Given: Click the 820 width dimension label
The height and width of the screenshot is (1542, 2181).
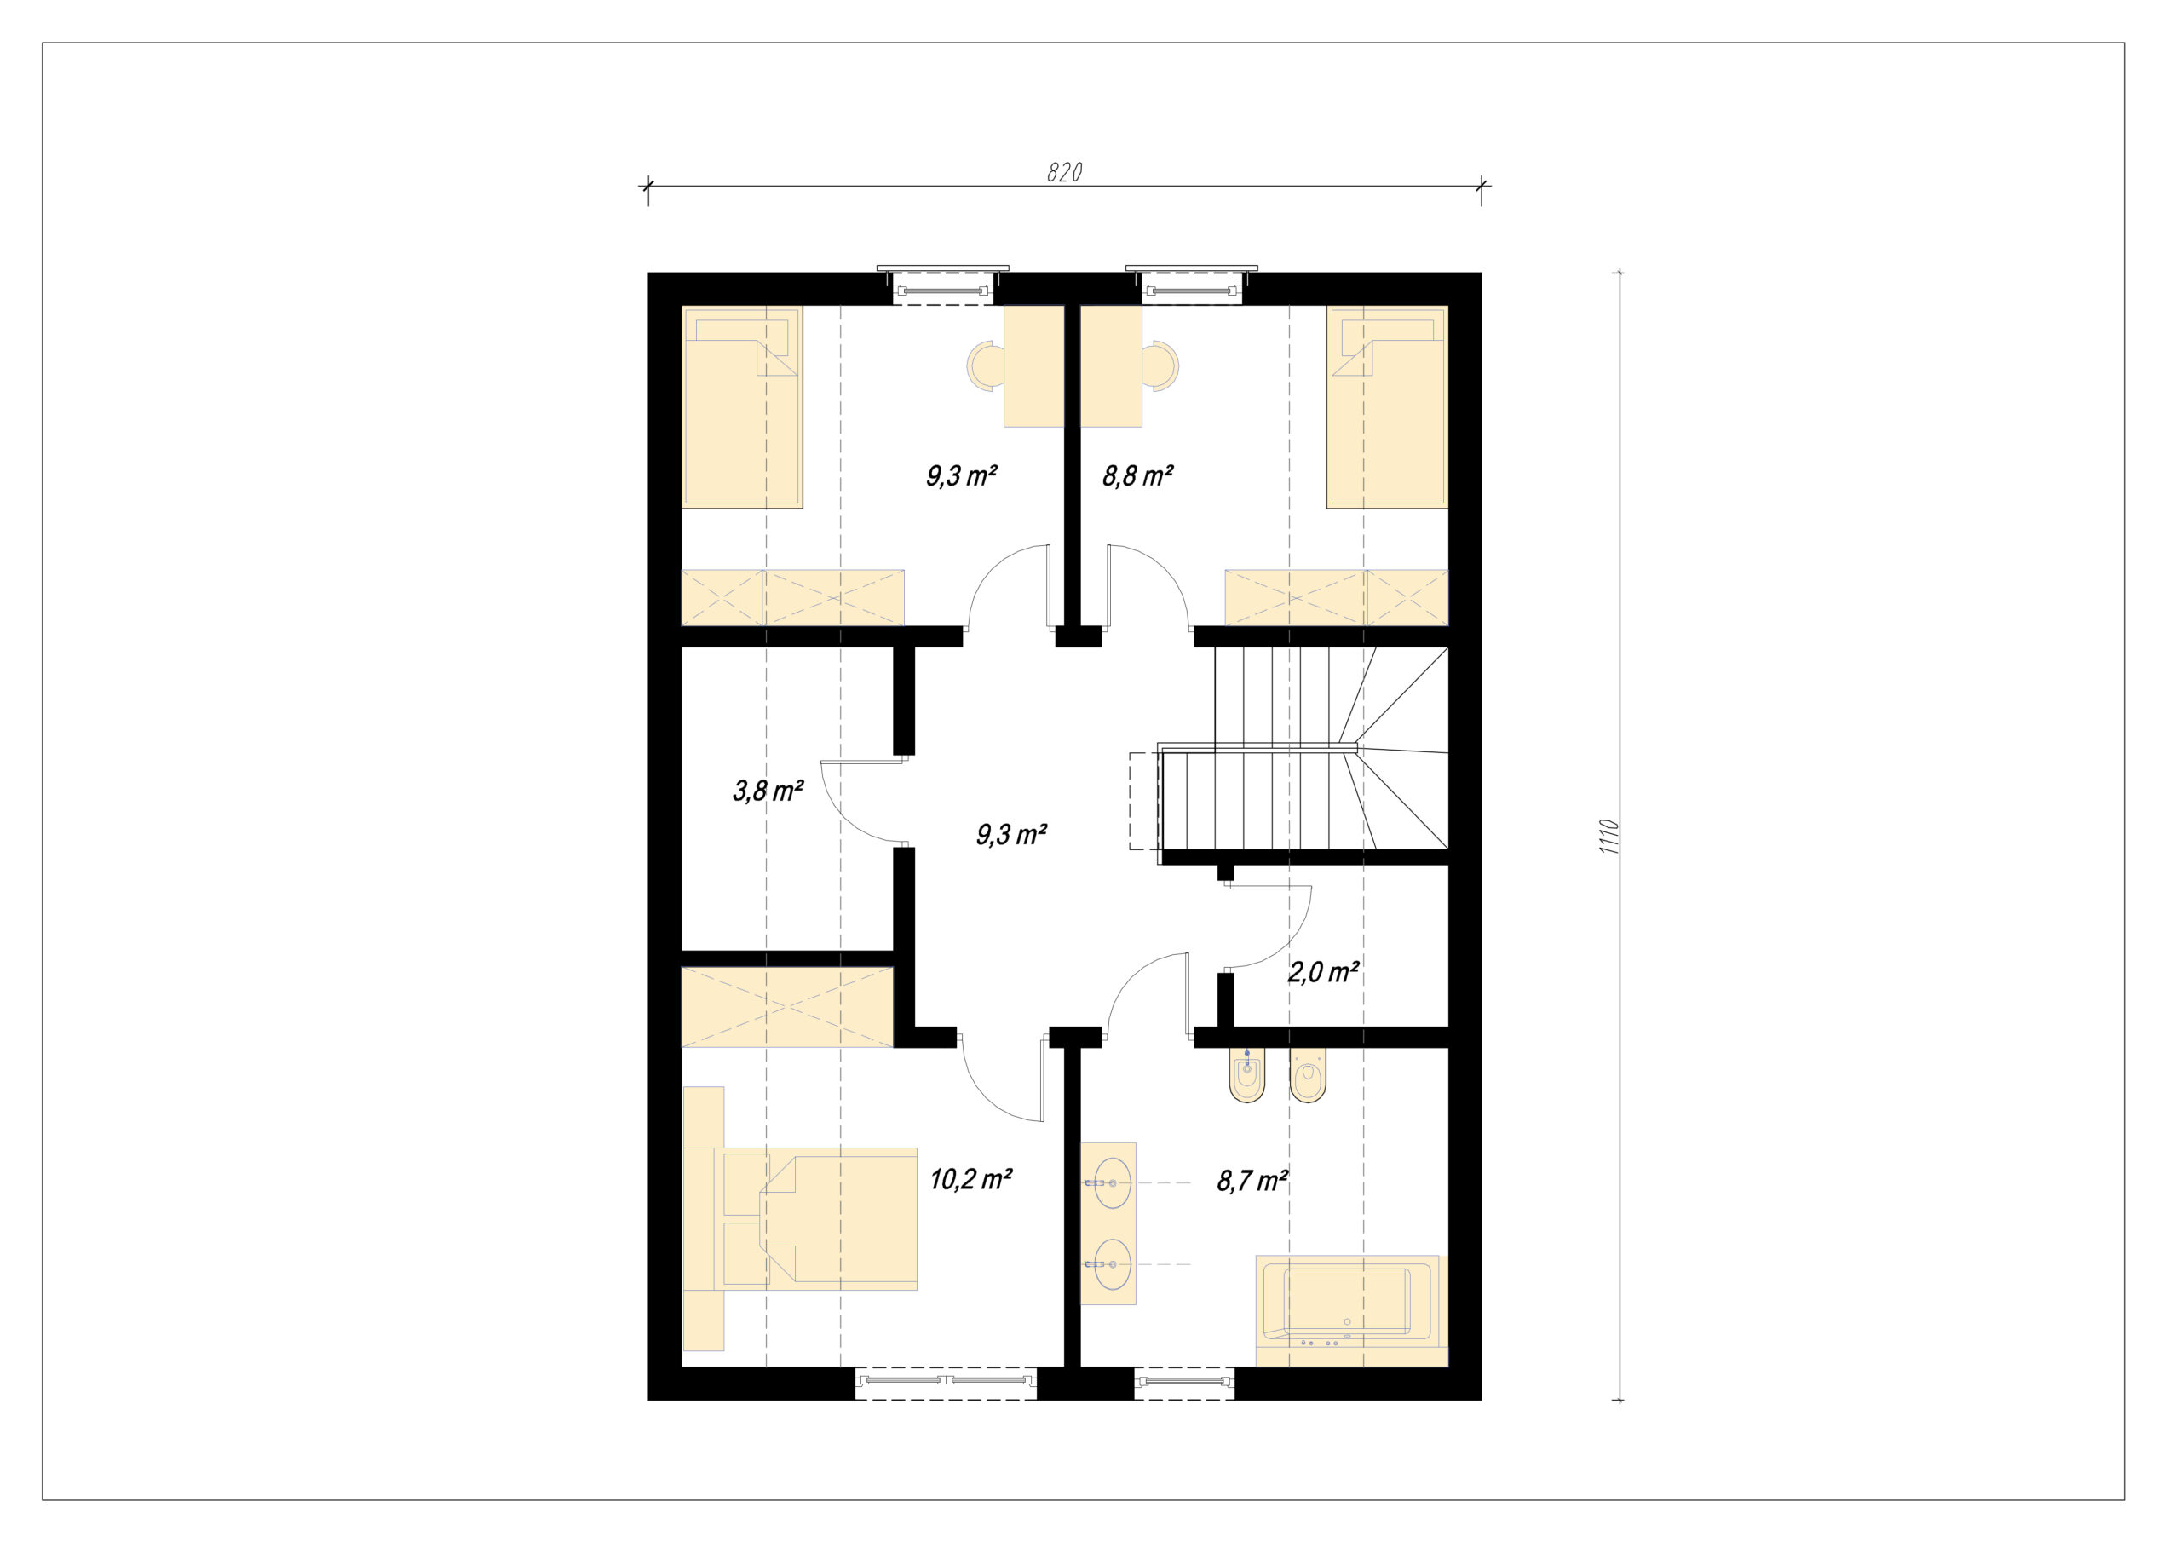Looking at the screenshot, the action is pos(1064,172).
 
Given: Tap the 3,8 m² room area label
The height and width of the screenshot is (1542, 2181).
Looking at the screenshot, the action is pos(768,791).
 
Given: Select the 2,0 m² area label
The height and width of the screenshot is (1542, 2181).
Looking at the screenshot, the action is pos(1323,972).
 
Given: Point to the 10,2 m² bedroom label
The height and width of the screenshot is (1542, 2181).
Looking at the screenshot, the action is pos(970,1179).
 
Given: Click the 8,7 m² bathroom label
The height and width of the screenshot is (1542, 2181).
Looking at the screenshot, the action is pos(1252,1181).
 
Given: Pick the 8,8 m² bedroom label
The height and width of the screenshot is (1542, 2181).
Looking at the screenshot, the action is pos(1137,475).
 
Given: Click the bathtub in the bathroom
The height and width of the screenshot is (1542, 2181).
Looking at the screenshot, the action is pos(1347,1310).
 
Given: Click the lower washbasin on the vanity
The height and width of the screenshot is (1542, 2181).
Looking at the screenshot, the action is pos(1112,1264).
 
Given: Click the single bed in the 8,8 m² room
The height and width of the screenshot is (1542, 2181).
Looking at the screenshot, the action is pos(1387,406).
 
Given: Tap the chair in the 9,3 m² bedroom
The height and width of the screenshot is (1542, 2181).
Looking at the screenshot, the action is pos(986,365).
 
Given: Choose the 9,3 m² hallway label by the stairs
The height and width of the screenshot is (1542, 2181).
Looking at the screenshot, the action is pos(1010,835).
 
